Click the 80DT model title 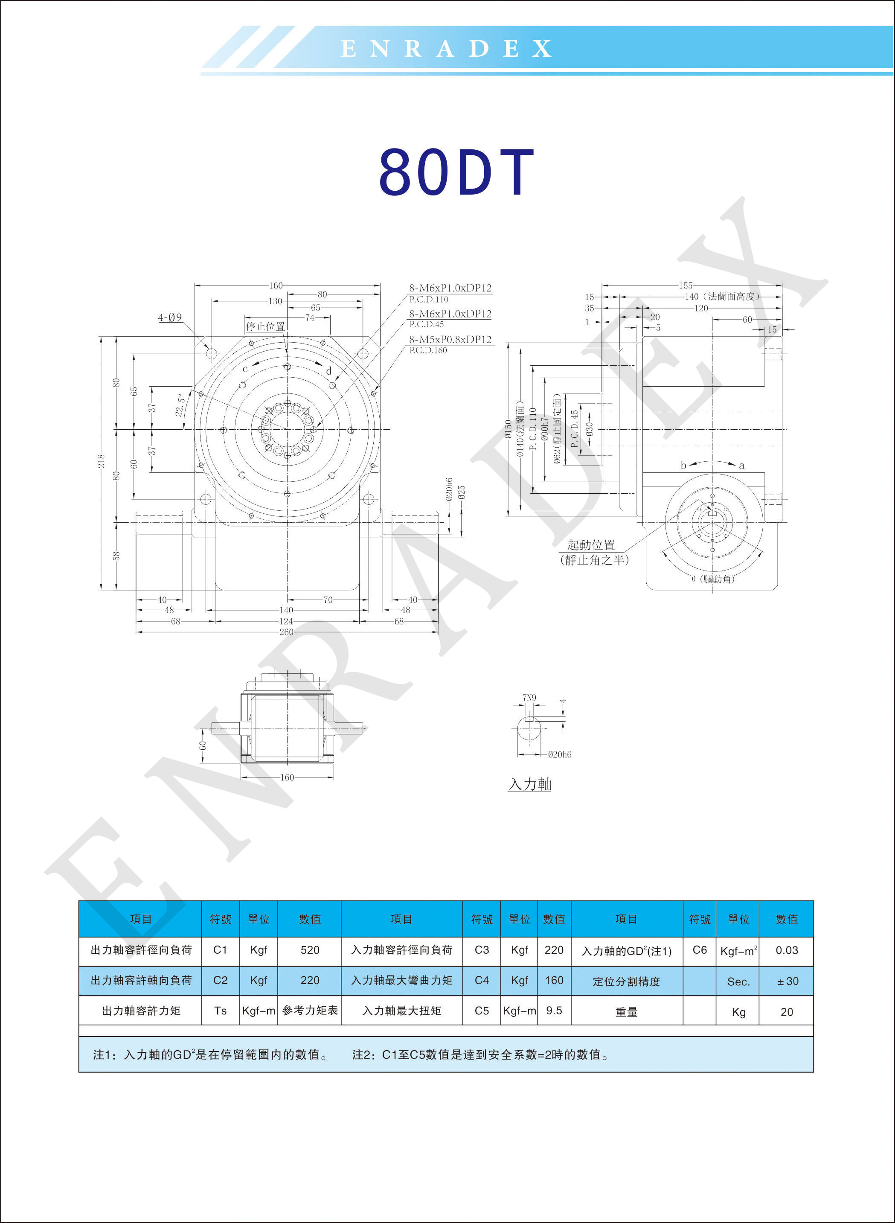457,172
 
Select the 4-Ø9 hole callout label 170,317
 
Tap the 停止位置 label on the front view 265,326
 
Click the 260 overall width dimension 286,632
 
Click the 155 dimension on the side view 686,285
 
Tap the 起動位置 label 591,545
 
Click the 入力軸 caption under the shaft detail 530,784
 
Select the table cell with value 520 310,950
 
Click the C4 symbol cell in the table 482,980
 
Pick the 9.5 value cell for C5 554,1010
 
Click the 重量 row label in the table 626,1012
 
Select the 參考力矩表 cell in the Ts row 310,1010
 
